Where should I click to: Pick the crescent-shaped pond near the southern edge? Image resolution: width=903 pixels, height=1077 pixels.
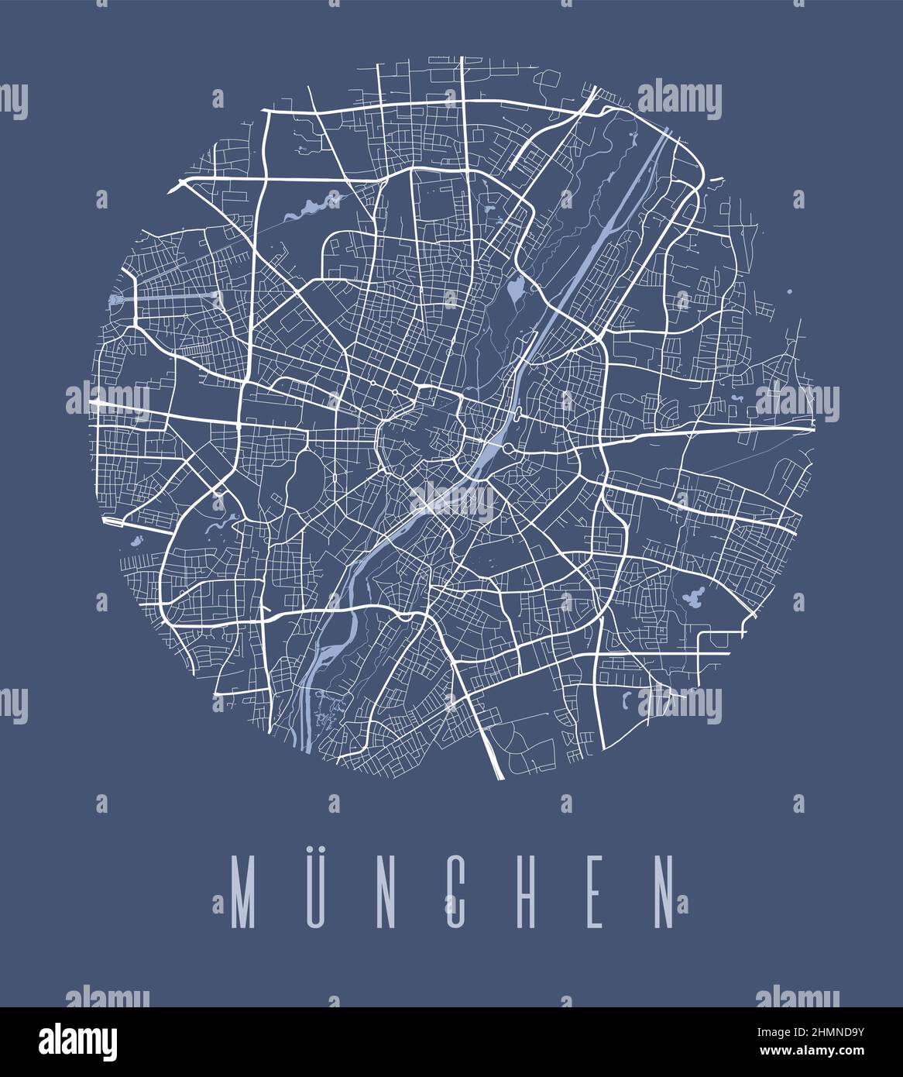(x=626, y=700)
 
